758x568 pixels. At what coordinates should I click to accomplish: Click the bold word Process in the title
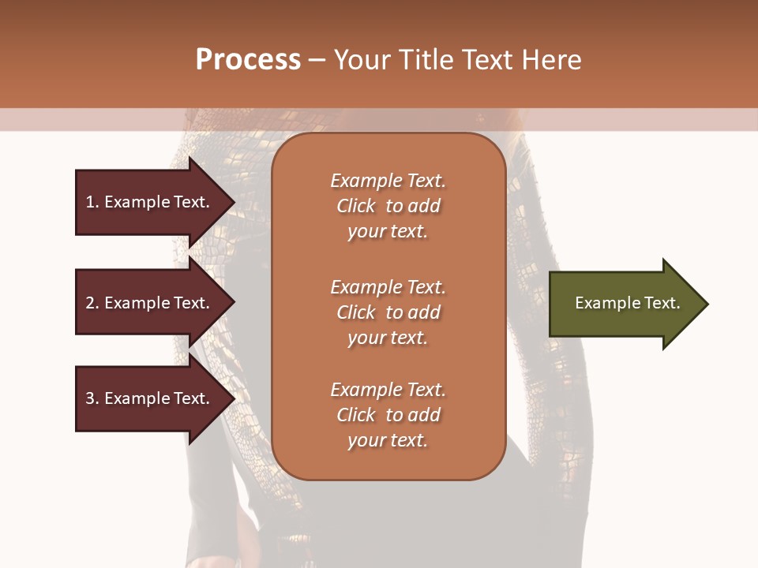[x=248, y=60]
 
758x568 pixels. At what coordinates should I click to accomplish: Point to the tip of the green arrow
[x=707, y=304]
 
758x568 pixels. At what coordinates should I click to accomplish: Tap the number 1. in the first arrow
[x=92, y=202]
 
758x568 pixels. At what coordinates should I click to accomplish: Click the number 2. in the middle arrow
[x=92, y=303]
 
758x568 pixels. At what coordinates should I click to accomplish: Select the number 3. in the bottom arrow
[x=92, y=398]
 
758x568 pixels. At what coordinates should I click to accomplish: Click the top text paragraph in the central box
[x=388, y=206]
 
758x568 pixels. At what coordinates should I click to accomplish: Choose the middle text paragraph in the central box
[x=388, y=312]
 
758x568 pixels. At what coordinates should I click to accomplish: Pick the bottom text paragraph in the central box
[x=388, y=415]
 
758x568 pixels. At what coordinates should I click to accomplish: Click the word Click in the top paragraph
[x=356, y=206]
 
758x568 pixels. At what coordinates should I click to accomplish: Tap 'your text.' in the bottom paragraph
[x=388, y=440]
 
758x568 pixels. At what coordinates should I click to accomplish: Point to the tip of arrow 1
[x=233, y=202]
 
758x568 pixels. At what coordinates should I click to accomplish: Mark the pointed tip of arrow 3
[x=233, y=398]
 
